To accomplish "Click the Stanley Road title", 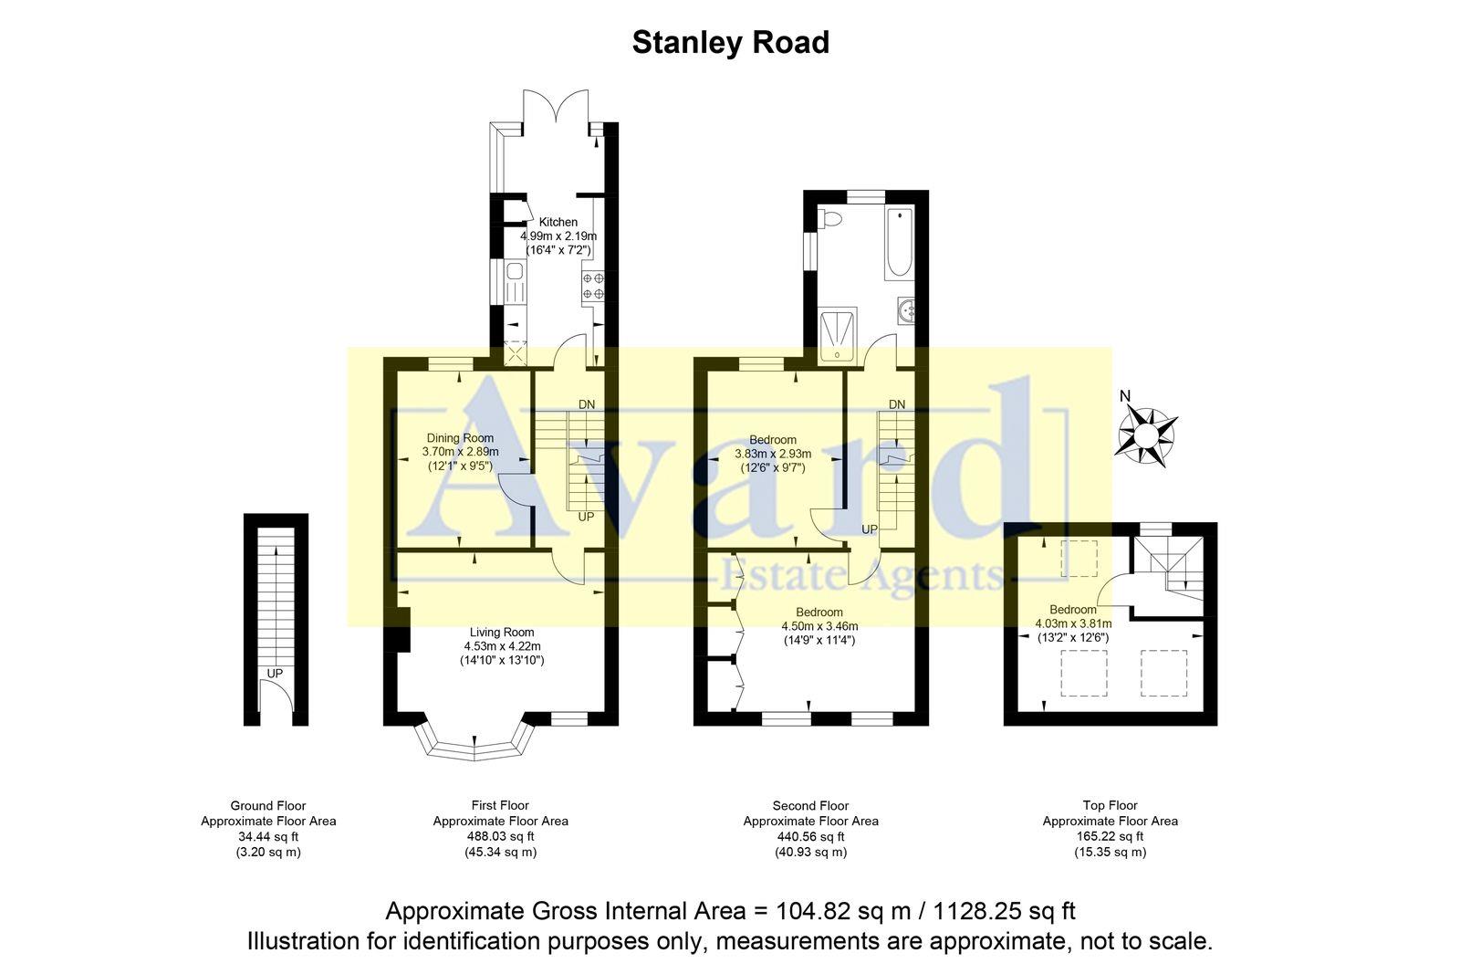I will point(730,43).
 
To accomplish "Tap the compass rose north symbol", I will point(1145,436).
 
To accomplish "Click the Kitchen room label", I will point(558,222).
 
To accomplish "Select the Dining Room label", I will point(460,438).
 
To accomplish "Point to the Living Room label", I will point(502,632).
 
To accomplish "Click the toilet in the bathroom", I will point(829,219).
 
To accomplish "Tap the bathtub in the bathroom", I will point(898,244).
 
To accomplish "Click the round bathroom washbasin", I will point(907,311).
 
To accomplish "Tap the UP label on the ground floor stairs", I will point(275,674).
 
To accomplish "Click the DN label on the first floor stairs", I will point(587,404).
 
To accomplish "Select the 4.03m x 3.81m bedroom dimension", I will point(1073,623).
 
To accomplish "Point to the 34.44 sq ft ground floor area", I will point(268,836).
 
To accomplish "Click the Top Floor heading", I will point(1110,805).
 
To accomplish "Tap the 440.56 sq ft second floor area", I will point(810,836).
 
